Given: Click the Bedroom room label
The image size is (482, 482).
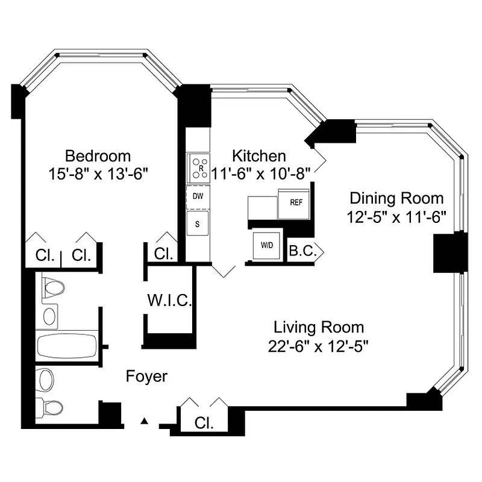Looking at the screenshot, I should point(98,156).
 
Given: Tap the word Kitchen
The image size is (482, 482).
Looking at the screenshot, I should point(260,156).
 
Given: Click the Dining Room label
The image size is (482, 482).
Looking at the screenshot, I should point(397,198).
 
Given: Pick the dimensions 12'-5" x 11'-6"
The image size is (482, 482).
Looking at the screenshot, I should point(397,216).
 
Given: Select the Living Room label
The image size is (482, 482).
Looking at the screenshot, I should point(319,328).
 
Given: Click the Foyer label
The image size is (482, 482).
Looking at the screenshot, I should point(146,377).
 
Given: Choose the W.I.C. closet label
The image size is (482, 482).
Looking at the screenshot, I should point(169,299).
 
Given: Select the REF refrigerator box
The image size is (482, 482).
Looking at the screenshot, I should point(295,203).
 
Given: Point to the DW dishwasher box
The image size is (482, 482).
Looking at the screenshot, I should point(197,196).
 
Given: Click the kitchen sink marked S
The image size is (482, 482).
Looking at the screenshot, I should point(197,224).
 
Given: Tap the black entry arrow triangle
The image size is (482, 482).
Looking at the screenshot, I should point(144,421).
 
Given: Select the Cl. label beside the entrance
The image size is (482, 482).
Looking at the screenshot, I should point(204,423).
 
